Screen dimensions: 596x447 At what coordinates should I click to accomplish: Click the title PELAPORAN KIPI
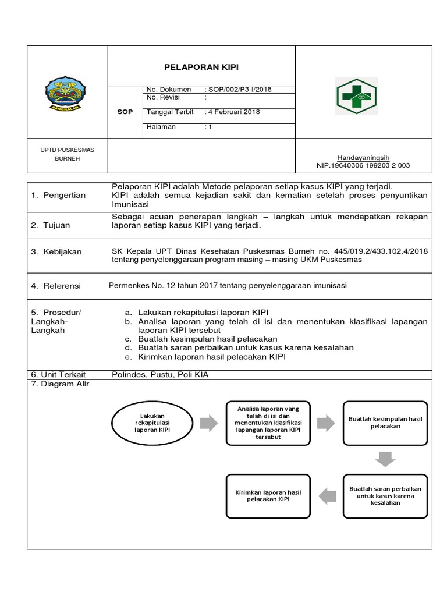pyautogui.click(x=201, y=67)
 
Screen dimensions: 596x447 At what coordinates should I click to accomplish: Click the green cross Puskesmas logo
pyautogui.click(x=356, y=95)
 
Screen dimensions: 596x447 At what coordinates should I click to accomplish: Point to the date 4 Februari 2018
pyautogui.click(x=235, y=112)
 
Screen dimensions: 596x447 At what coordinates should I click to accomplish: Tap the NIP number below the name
pyautogui.click(x=363, y=165)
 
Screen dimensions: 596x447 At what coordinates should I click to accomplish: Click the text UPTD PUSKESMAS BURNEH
pyautogui.click(x=68, y=154)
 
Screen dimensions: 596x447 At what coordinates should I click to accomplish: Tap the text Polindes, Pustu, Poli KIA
pyautogui.click(x=159, y=375)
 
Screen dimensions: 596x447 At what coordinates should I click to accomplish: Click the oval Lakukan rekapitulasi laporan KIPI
pyautogui.click(x=150, y=423)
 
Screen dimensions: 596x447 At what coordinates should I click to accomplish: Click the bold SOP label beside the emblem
pyautogui.click(x=125, y=111)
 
